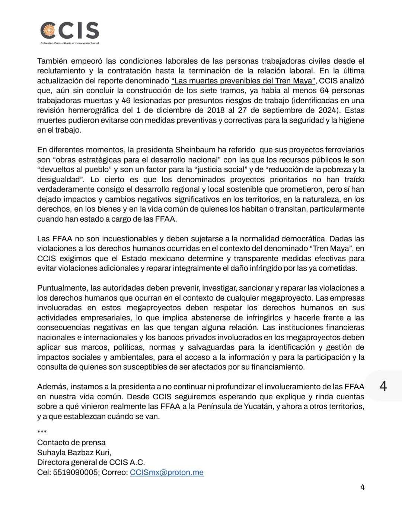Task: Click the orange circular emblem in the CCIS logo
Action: (48, 30)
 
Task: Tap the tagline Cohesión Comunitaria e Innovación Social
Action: (70, 43)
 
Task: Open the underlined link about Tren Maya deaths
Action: (243, 80)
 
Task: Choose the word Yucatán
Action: (253, 406)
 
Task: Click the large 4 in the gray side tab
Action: (383, 386)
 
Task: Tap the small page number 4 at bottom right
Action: (363, 487)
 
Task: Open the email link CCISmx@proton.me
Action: (166, 472)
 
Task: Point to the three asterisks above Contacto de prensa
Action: (42, 432)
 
